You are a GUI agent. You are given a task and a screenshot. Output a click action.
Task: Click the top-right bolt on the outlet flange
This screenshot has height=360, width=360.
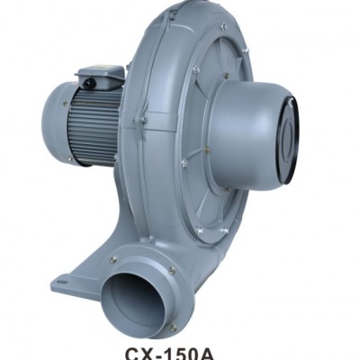click(171, 270)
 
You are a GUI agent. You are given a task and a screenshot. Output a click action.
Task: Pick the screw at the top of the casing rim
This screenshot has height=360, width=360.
click(220, 27)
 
